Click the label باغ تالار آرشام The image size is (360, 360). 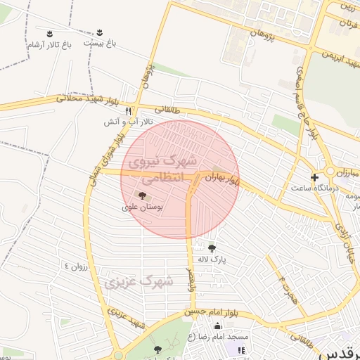[x=50, y=45]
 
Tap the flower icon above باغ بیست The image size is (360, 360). [x=99, y=32]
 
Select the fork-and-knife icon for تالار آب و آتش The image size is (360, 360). [x=128, y=111]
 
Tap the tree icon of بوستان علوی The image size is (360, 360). [x=143, y=195]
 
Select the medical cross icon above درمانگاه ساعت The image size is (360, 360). [x=314, y=177]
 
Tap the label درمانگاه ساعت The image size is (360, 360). [x=313, y=188]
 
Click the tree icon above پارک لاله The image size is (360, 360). [x=212, y=247]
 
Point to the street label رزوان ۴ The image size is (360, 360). [x=77, y=266]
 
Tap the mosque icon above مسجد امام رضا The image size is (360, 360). [x=217, y=325]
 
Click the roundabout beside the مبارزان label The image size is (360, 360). [x=328, y=172]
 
